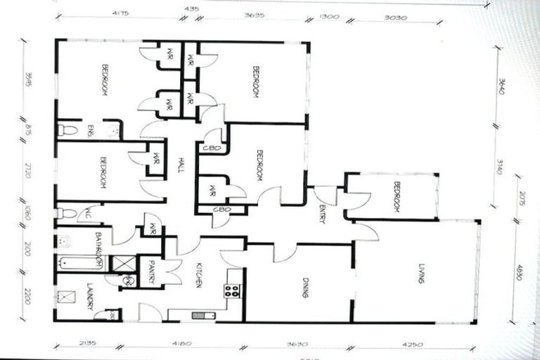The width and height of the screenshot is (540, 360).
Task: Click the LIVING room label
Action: click(421, 272)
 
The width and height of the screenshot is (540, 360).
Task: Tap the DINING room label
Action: click(306, 288)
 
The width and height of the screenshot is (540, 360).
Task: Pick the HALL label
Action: click(181, 167)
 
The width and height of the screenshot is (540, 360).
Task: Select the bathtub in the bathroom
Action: click(80, 263)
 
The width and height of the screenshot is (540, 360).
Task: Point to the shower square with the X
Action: click(123, 264)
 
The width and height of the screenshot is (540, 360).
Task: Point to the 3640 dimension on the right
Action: click(500, 89)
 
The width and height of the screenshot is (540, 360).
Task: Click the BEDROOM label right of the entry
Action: click(396, 196)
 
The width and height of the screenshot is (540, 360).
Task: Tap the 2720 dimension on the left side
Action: click(27, 170)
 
